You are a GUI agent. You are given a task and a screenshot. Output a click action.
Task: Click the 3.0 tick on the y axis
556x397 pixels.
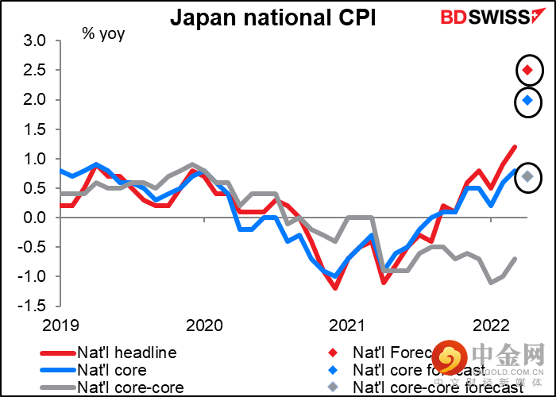pos(38,40)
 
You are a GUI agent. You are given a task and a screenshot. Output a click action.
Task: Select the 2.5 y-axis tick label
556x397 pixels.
pos(38,70)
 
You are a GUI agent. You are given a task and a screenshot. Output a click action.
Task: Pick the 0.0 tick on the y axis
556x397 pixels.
pos(38,218)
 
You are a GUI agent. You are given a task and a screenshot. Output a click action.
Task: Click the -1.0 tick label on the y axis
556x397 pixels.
pos(36,276)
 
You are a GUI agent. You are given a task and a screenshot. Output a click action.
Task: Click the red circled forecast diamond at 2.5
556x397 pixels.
pos(527,71)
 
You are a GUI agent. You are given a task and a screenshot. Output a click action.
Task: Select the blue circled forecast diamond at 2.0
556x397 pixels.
pos(527,101)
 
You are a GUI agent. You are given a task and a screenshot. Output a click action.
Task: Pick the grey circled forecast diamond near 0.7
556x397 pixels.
pos(527,176)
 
